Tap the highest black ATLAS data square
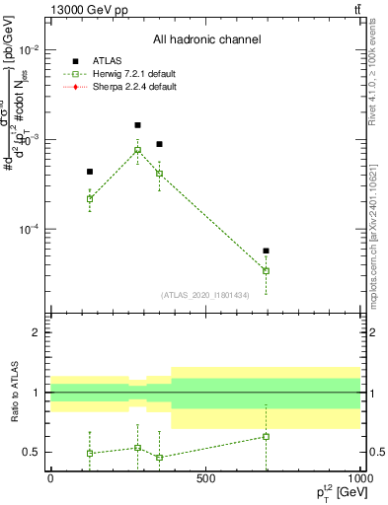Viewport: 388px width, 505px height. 137,125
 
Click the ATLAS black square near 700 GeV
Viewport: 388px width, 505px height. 266,251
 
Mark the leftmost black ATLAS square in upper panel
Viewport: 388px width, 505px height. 90,172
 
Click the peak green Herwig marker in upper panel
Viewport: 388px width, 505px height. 137,150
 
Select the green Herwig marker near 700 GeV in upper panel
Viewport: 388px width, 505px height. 266,271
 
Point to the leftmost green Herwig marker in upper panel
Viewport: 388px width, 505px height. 90,198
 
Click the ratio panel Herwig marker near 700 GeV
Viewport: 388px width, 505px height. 266,436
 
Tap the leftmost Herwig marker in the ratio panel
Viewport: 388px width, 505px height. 90,454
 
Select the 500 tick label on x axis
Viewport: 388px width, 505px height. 205,478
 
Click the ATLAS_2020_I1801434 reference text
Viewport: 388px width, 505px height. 205,295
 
